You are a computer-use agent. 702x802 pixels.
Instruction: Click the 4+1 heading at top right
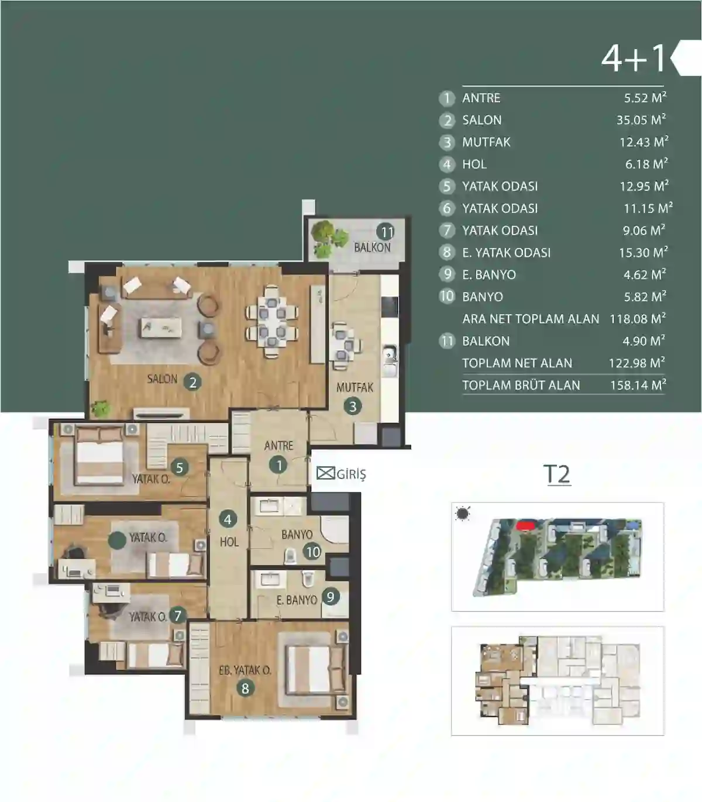(634, 58)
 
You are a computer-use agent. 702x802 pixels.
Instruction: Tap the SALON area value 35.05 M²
(641, 119)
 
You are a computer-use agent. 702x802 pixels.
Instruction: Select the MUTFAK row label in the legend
(486, 142)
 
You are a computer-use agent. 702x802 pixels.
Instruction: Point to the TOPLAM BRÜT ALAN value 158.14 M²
(638, 385)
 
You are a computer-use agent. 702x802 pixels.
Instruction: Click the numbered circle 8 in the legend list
(447, 252)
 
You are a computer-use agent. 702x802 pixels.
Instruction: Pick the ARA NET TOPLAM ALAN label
(531, 319)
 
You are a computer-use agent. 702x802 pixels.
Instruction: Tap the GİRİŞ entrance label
(351, 474)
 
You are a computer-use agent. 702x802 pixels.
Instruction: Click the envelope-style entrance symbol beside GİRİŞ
(325, 473)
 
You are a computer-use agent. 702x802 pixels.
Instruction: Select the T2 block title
(558, 474)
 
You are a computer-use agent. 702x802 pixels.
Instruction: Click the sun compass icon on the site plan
(463, 514)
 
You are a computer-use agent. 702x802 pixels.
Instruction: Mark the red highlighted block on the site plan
(526, 525)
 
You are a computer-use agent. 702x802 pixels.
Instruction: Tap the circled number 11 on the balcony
(387, 232)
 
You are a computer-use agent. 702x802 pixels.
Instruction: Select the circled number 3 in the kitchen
(352, 407)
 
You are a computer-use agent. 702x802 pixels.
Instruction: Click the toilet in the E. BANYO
(308, 579)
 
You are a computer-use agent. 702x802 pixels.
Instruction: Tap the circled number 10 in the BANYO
(313, 552)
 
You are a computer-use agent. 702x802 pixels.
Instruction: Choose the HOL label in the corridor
(229, 542)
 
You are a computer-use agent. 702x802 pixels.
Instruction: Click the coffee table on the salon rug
(161, 328)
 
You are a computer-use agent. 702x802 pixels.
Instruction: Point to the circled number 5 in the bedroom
(180, 467)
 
